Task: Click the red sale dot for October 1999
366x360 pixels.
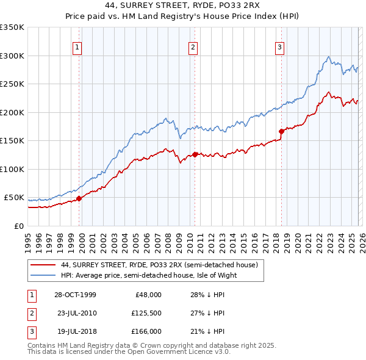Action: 79,198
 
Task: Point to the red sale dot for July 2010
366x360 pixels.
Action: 195,154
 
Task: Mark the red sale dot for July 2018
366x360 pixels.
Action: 281,131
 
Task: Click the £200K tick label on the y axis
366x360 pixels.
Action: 12,112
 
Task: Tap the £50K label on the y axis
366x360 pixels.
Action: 15,198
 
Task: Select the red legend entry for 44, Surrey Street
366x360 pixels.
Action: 160,265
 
